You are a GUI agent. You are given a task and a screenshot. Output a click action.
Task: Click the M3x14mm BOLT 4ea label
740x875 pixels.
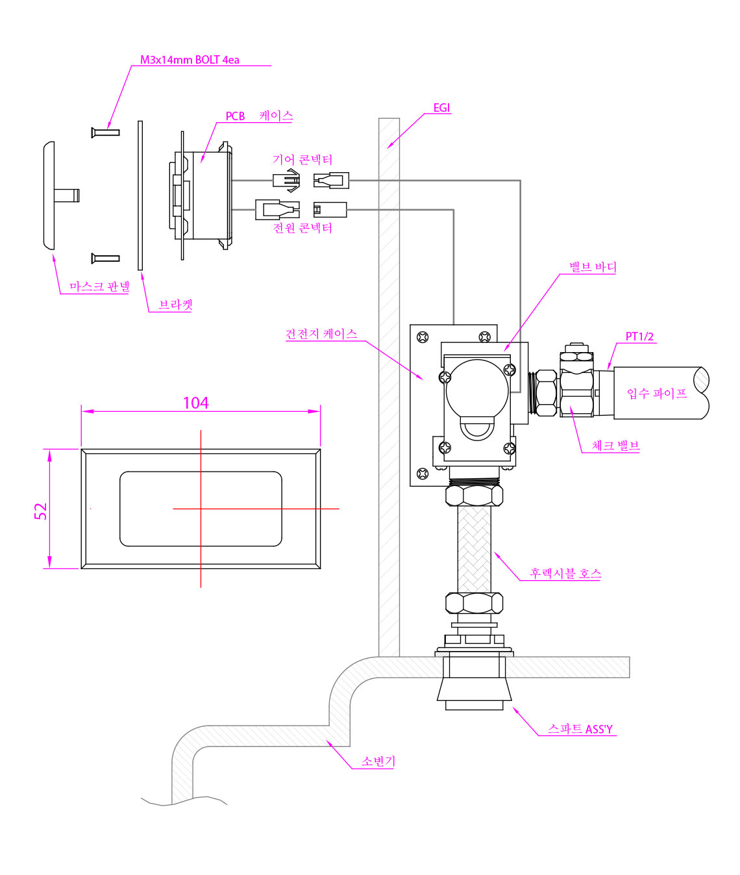190,60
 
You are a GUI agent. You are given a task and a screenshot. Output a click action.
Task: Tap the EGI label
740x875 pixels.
441,108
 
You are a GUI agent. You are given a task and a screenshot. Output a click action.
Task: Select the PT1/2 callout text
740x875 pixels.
639,336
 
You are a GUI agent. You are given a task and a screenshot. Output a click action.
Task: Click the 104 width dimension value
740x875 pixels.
196,403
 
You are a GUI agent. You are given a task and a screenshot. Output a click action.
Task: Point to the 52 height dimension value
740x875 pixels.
41,511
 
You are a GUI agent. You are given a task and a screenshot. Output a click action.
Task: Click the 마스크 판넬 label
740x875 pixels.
99,286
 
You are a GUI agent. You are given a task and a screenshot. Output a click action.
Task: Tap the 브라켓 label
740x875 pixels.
175,305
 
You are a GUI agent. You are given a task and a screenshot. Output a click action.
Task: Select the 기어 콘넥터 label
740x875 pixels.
302,160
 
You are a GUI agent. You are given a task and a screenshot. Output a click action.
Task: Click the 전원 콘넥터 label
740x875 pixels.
302,228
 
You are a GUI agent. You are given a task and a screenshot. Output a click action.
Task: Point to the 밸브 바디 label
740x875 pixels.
593,267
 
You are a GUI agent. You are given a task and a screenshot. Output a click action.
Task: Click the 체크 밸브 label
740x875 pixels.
615,446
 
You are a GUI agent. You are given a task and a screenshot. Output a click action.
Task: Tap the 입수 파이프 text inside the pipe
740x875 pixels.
657,394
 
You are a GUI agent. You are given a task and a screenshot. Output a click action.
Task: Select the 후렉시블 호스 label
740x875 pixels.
565,574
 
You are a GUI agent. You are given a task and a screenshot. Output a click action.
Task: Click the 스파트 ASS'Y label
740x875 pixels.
580,729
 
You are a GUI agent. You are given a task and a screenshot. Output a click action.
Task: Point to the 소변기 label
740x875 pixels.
378,761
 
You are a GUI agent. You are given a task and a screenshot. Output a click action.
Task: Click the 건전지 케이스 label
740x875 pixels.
321,334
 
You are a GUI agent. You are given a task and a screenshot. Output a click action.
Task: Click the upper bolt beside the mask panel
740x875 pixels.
105,133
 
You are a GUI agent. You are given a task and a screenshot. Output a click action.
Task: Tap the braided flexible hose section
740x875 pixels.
475,550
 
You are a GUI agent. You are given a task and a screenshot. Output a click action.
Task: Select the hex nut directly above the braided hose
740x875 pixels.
475,496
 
